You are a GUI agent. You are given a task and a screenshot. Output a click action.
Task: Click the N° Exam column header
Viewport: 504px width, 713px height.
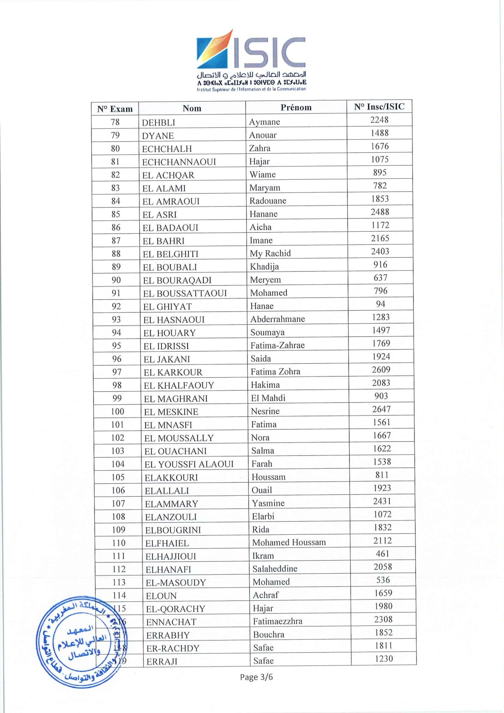point(115,109)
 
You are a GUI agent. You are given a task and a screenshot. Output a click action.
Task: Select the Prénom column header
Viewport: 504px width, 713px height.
point(296,108)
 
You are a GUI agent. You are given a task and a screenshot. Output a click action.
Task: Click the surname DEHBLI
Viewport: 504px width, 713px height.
point(159,123)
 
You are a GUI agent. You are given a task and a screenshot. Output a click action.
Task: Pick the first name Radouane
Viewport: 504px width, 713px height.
point(267,201)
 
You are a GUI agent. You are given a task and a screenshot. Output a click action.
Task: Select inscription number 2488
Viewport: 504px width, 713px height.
point(380,212)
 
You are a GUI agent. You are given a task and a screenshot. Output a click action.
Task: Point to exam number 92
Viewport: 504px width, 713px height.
point(116,306)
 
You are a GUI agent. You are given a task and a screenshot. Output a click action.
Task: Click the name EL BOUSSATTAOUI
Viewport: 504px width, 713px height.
point(185,294)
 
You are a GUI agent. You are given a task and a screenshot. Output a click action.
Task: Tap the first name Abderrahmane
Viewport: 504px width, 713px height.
point(277,319)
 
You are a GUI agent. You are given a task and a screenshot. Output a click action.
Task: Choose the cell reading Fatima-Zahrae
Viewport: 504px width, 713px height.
point(277,345)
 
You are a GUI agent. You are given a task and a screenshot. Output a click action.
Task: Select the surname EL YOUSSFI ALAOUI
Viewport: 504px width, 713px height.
point(189,464)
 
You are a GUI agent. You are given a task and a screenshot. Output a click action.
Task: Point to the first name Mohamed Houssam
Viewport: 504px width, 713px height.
point(289,543)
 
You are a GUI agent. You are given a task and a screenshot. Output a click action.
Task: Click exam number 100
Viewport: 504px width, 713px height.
point(118,412)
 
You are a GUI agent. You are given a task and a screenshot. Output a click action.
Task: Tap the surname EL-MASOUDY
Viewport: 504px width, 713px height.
point(176,583)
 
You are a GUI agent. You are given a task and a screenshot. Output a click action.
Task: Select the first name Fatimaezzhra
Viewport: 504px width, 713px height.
point(277,621)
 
